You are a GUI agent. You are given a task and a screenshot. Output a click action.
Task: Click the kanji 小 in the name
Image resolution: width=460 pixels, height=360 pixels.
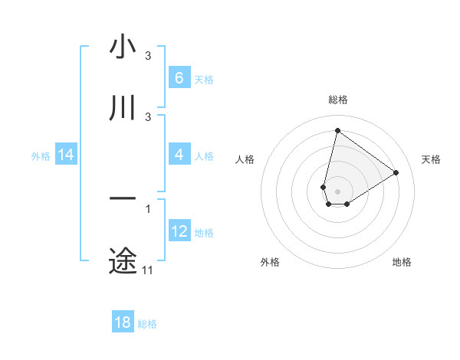pos(123,47)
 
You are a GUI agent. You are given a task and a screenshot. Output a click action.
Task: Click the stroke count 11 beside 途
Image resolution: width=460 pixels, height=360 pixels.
pos(147,270)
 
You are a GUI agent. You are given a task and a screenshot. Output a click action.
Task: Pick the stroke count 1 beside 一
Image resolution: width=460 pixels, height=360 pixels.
pos(147,208)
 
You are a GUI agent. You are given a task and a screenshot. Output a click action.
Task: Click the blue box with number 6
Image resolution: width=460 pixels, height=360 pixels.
pos(179,77)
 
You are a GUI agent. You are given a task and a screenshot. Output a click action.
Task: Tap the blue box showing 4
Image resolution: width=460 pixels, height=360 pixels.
pos(179,155)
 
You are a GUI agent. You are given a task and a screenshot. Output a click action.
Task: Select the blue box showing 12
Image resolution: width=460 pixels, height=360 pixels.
pos(179,231)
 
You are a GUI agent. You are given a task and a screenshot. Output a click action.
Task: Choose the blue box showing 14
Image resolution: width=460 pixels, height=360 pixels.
pos(66,155)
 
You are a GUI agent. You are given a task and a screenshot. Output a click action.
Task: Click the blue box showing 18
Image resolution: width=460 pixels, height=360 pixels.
pos(123,322)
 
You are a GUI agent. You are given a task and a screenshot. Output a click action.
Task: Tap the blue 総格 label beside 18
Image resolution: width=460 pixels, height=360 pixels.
pos(147,324)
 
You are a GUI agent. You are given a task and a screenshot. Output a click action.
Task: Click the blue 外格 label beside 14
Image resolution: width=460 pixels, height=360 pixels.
pos(41,156)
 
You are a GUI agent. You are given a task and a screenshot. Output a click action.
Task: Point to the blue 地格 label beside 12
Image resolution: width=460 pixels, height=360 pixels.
pos(204,233)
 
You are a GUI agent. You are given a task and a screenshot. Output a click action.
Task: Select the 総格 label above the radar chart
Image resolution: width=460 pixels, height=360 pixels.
pos(338,100)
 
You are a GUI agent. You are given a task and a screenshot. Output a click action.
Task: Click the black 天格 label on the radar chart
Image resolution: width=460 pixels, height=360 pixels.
pos(431,159)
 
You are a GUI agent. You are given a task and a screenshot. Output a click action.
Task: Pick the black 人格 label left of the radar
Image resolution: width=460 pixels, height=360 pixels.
pos(245,159)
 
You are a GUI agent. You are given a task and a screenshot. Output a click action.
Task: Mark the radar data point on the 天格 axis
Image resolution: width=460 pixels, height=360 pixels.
pos(396,172)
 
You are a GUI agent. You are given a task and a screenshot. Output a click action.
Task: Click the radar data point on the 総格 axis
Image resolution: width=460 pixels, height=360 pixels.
pos(337,130)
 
